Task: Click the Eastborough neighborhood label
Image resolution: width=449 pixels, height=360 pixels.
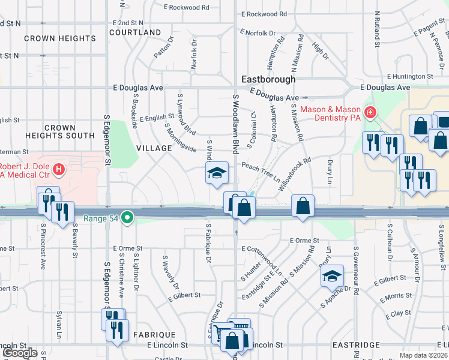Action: tap(268, 79)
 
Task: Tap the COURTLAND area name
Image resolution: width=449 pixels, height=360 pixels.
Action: tap(135, 32)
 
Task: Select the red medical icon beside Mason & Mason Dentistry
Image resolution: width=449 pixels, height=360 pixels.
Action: tap(370, 112)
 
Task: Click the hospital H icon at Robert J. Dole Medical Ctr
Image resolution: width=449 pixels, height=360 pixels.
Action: tap(59, 170)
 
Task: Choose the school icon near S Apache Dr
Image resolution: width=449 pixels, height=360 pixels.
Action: tap(332, 275)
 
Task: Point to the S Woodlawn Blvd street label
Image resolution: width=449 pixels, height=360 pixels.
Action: tap(236, 122)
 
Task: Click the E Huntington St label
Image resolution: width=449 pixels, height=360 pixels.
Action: tap(411, 76)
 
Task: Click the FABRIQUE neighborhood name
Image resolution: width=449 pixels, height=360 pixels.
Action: tap(154, 335)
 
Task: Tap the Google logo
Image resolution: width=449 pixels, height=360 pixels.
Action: tap(20, 353)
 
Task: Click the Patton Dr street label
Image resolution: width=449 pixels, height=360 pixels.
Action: tap(163, 48)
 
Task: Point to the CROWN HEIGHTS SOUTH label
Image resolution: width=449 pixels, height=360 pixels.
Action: tap(60, 132)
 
